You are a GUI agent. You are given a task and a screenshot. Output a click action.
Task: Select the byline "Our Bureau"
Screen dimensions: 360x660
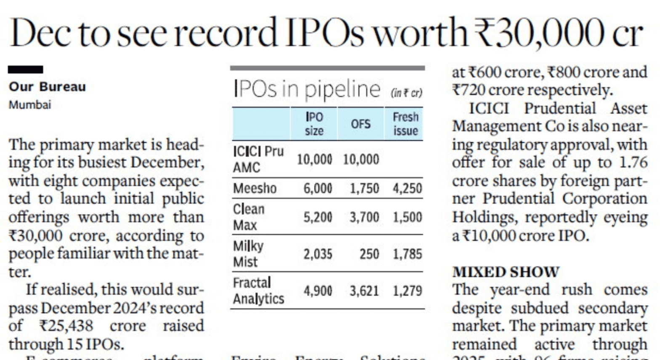coord(47,87)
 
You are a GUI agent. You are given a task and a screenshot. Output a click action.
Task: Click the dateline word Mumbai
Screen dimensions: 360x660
coord(29,104)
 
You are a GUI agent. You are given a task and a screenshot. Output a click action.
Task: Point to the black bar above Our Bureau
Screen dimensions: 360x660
coord(25,69)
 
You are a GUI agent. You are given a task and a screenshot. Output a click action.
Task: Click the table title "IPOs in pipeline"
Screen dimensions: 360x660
coord(306,90)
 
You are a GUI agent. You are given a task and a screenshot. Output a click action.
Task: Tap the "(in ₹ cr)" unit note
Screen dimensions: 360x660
coord(406,93)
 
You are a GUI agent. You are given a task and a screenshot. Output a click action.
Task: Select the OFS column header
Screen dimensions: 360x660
coord(361,124)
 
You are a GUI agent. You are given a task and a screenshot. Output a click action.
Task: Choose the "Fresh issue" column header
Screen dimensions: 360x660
coord(405,124)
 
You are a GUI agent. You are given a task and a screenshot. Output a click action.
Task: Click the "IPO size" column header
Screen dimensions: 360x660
coord(314,124)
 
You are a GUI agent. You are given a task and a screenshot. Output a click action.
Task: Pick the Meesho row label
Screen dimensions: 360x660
coord(255,188)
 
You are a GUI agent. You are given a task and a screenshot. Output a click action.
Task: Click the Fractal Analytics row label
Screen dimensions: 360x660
coord(258,291)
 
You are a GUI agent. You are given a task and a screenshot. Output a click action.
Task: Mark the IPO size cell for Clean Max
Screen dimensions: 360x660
coord(318,217)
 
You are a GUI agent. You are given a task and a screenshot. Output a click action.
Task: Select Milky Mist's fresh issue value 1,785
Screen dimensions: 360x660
coord(407,254)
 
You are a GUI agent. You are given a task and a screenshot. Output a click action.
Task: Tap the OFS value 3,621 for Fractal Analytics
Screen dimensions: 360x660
coord(364,291)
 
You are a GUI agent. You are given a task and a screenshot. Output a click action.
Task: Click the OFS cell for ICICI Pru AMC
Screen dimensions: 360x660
coord(361,160)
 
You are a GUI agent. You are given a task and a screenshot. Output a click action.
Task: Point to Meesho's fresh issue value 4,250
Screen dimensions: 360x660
coord(407,188)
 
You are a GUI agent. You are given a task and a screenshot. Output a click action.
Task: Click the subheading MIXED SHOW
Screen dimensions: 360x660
coord(506,272)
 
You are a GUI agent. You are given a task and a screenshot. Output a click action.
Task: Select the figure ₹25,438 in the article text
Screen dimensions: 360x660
coord(66,326)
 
